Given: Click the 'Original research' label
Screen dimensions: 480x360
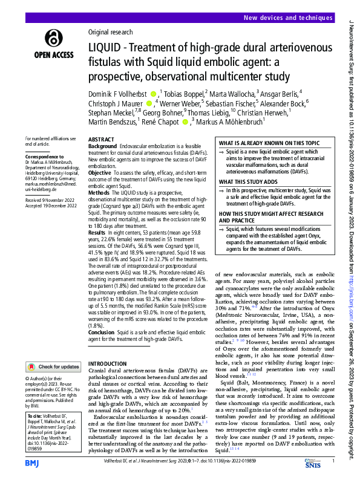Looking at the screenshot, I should (x=110, y=31).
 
